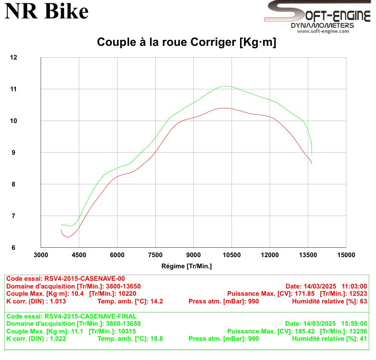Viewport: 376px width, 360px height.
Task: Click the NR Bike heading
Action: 47,12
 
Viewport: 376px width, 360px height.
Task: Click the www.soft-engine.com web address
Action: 323,31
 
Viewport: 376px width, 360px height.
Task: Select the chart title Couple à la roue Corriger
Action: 186,42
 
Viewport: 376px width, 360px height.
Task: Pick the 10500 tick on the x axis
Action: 232,255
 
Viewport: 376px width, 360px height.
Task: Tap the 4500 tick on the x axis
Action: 79,255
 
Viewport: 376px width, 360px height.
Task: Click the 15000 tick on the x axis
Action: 346,255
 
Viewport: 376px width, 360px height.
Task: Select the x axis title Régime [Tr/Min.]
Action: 186,266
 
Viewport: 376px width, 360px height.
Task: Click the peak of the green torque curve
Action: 226,86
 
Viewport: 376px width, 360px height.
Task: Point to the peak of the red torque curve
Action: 224,108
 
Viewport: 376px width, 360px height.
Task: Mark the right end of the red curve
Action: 312,163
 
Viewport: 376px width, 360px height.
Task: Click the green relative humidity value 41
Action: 364,339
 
